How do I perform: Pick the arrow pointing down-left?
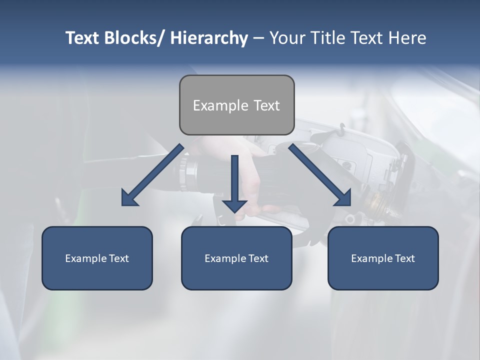pyautogui.click(x=153, y=175)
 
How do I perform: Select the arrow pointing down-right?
pyautogui.click(x=320, y=175)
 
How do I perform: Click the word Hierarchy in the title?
pyautogui.click(x=209, y=38)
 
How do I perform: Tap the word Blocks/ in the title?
pyautogui.click(x=133, y=38)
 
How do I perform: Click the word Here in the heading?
pyautogui.click(x=407, y=38)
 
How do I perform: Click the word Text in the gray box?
pyautogui.click(x=266, y=105)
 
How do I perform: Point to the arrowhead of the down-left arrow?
pyautogui.click(x=128, y=199)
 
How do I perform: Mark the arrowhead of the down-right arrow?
pyautogui.click(x=344, y=199)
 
